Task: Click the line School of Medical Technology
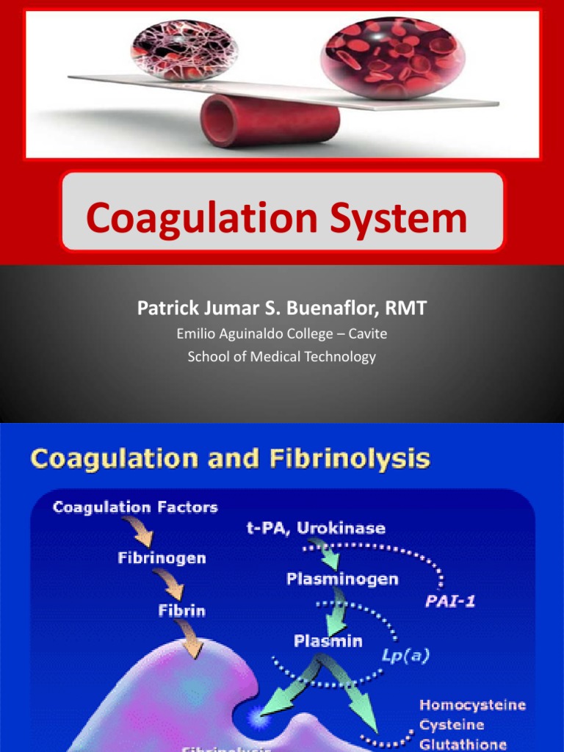click(x=281, y=357)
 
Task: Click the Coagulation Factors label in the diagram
click(x=136, y=508)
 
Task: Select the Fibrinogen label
click(x=162, y=558)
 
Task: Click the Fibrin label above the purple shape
click(x=181, y=610)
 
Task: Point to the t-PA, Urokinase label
click(x=321, y=528)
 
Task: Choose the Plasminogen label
click(x=342, y=579)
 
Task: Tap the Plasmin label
click(x=328, y=641)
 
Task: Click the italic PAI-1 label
click(x=450, y=601)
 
